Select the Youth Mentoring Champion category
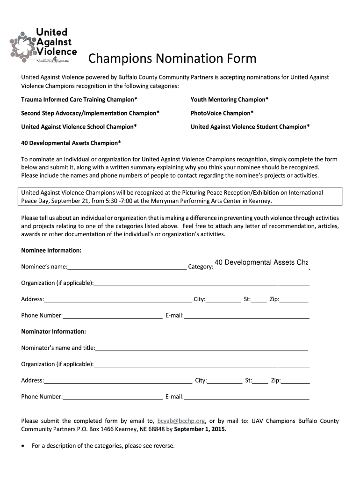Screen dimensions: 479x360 [230, 100]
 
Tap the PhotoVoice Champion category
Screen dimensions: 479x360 [222, 113]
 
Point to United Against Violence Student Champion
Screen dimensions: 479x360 [250, 127]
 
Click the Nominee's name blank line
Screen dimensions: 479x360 [127, 267]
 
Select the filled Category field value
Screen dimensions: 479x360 [261, 263]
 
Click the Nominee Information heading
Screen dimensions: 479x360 [51, 251]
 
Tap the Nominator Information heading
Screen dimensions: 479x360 [54, 332]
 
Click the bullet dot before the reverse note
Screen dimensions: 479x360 [23, 446]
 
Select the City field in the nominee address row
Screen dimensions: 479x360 [223, 300]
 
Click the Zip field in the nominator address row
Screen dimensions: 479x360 [295, 381]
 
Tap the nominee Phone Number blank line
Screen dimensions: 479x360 [113, 316]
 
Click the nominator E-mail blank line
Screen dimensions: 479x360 [246, 397]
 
